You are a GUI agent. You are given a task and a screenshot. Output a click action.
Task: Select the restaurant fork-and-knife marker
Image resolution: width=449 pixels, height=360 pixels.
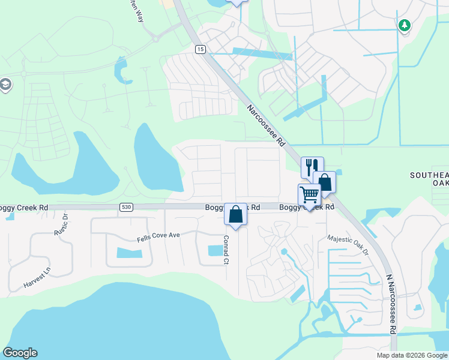[x=312, y=167]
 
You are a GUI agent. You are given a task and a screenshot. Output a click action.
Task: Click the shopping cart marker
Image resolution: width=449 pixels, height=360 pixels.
[x=309, y=194]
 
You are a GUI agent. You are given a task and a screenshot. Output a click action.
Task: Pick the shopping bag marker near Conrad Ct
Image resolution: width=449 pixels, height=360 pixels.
[x=235, y=214]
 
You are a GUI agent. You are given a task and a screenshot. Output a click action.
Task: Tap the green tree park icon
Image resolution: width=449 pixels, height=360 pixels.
[x=405, y=25]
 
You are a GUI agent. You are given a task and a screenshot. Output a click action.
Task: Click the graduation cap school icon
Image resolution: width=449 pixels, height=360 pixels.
[x=6, y=85]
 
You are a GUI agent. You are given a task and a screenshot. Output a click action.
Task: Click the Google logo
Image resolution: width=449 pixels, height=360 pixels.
[x=20, y=353]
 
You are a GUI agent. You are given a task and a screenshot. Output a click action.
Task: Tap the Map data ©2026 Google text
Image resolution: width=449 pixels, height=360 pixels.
[x=411, y=355]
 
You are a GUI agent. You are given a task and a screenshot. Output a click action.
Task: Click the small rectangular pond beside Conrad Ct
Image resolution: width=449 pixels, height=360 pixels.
[x=214, y=250]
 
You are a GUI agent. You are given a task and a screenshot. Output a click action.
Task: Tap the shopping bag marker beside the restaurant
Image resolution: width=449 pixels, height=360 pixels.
[x=324, y=182]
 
